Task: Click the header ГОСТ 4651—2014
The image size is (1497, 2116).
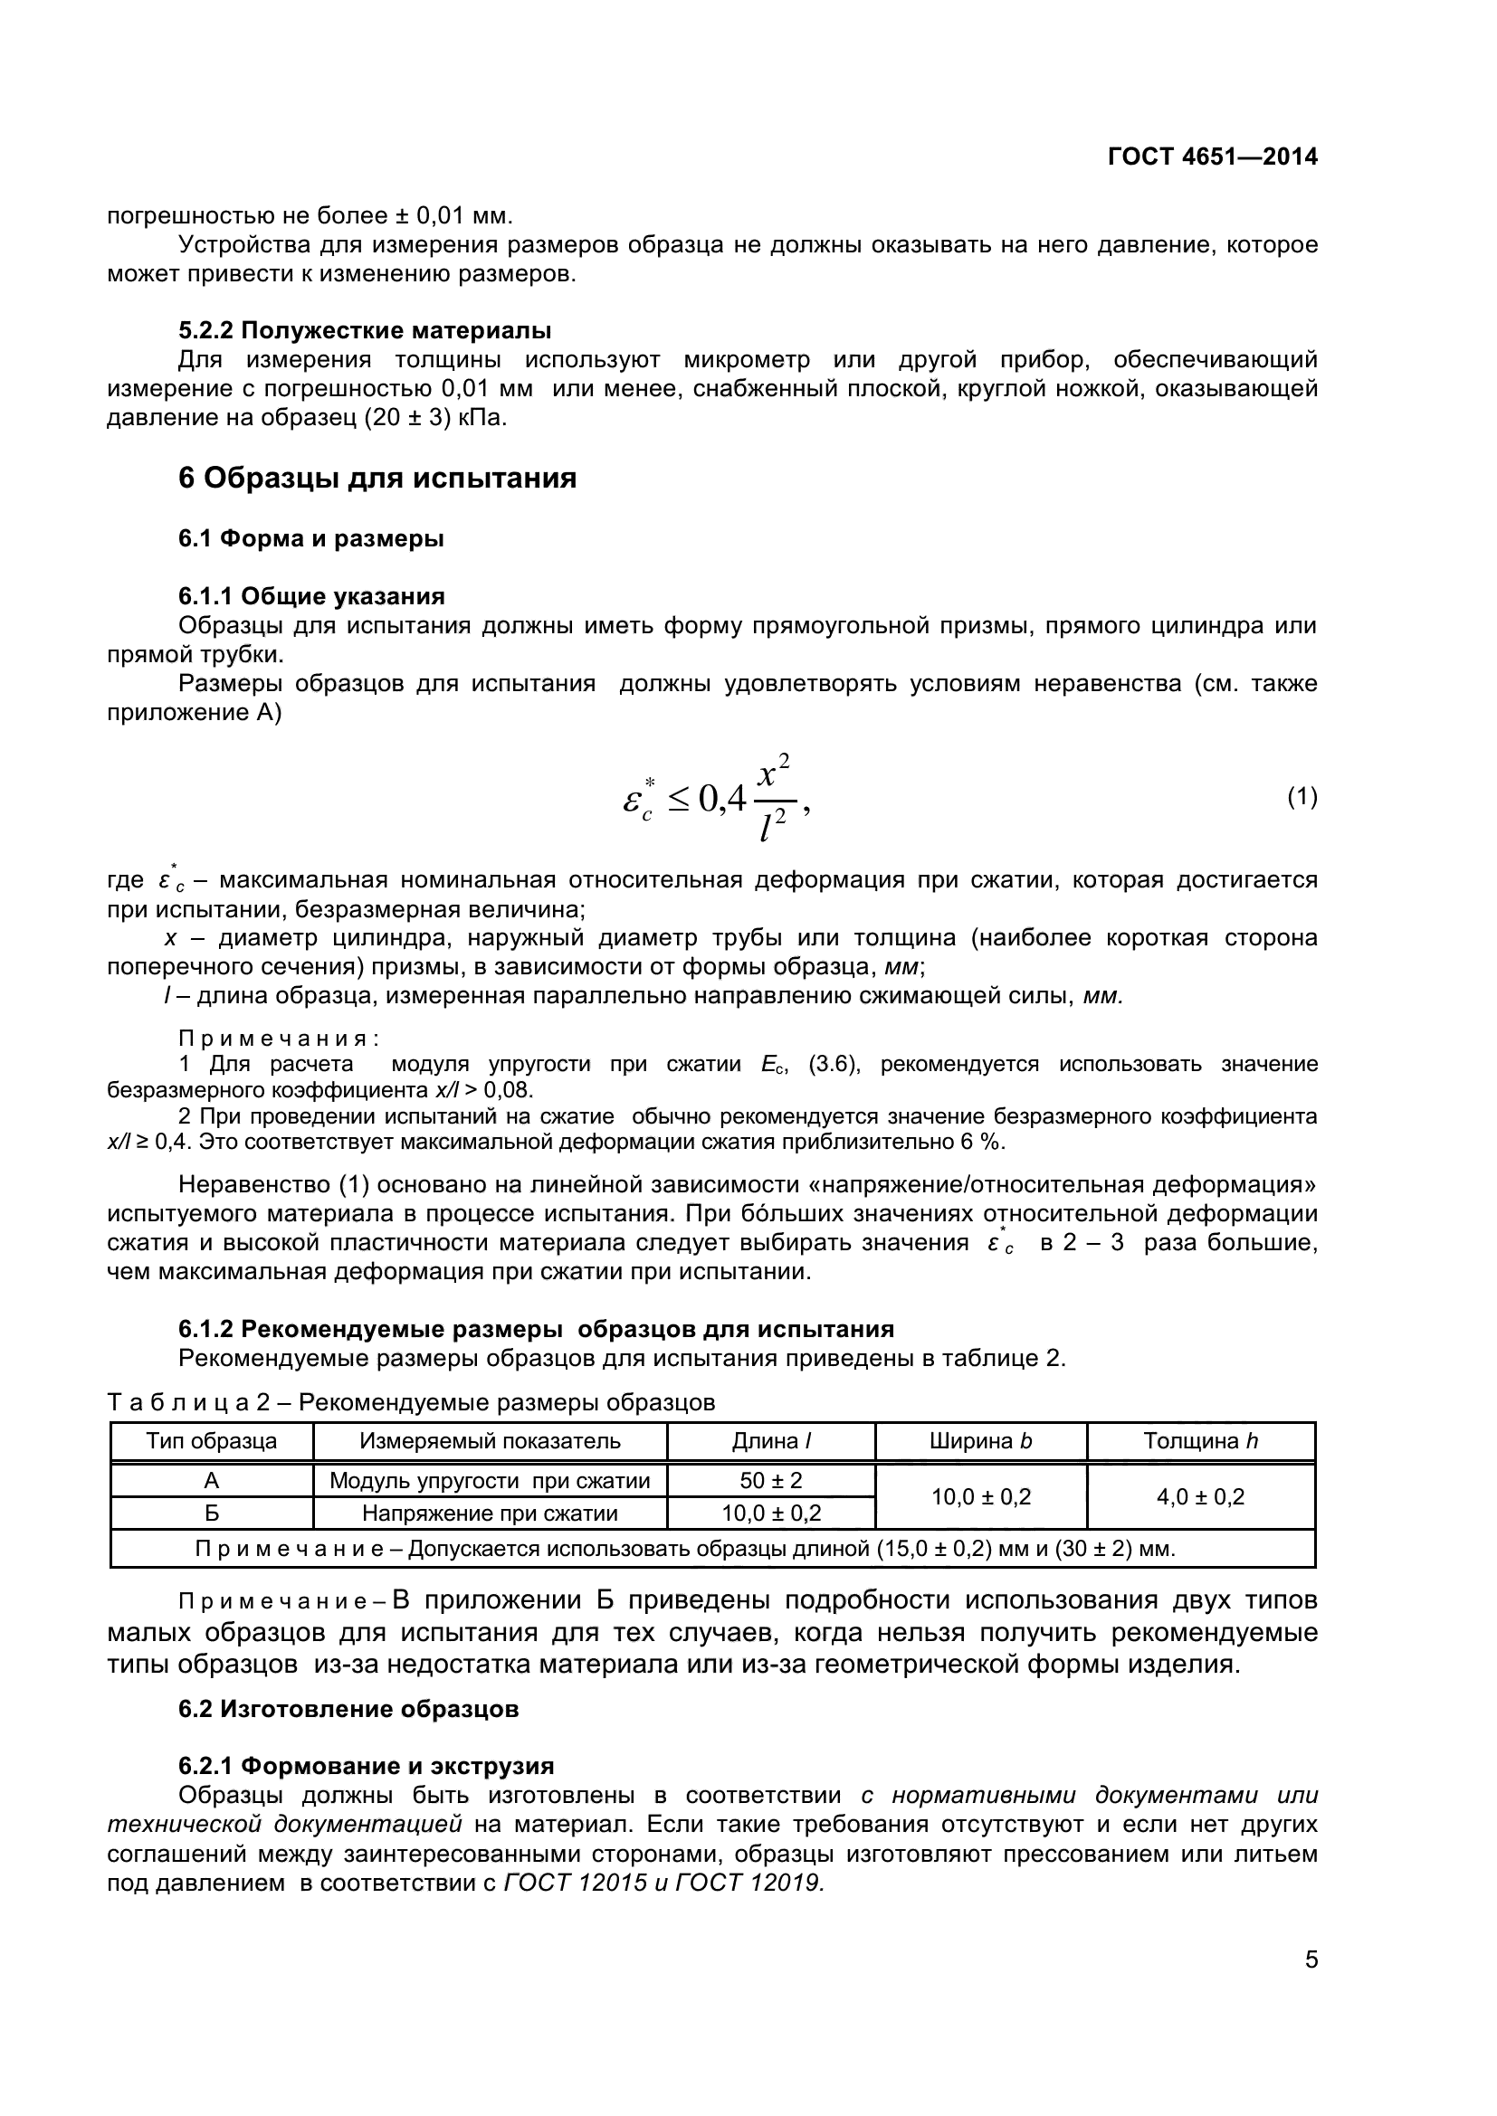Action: [1212, 157]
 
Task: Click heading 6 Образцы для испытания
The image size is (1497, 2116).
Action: [377, 479]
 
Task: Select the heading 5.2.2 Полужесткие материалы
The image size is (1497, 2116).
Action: [364, 330]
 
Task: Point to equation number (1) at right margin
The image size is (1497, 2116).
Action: [1302, 796]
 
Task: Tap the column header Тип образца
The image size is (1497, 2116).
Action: [211, 1441]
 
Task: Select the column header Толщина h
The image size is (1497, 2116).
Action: [1200, 1441]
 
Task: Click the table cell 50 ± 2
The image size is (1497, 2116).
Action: [770, 1481]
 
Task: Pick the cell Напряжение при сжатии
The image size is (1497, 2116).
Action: [490, 1513]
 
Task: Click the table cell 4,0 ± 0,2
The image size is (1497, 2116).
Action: [1200, 1496]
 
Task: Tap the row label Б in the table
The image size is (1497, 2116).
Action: [211, 1513]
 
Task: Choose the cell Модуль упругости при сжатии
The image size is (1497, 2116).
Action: [490, 1481]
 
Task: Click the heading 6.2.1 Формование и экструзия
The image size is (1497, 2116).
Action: [366, 1766]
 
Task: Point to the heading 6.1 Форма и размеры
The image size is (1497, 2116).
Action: [310, 538]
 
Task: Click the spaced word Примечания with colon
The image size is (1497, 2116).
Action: [279, 1039]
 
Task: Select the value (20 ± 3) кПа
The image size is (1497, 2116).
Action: [435, 417]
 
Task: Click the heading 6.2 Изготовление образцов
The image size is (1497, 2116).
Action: [348, 1709]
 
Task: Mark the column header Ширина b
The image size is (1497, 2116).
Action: [981, 1441]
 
